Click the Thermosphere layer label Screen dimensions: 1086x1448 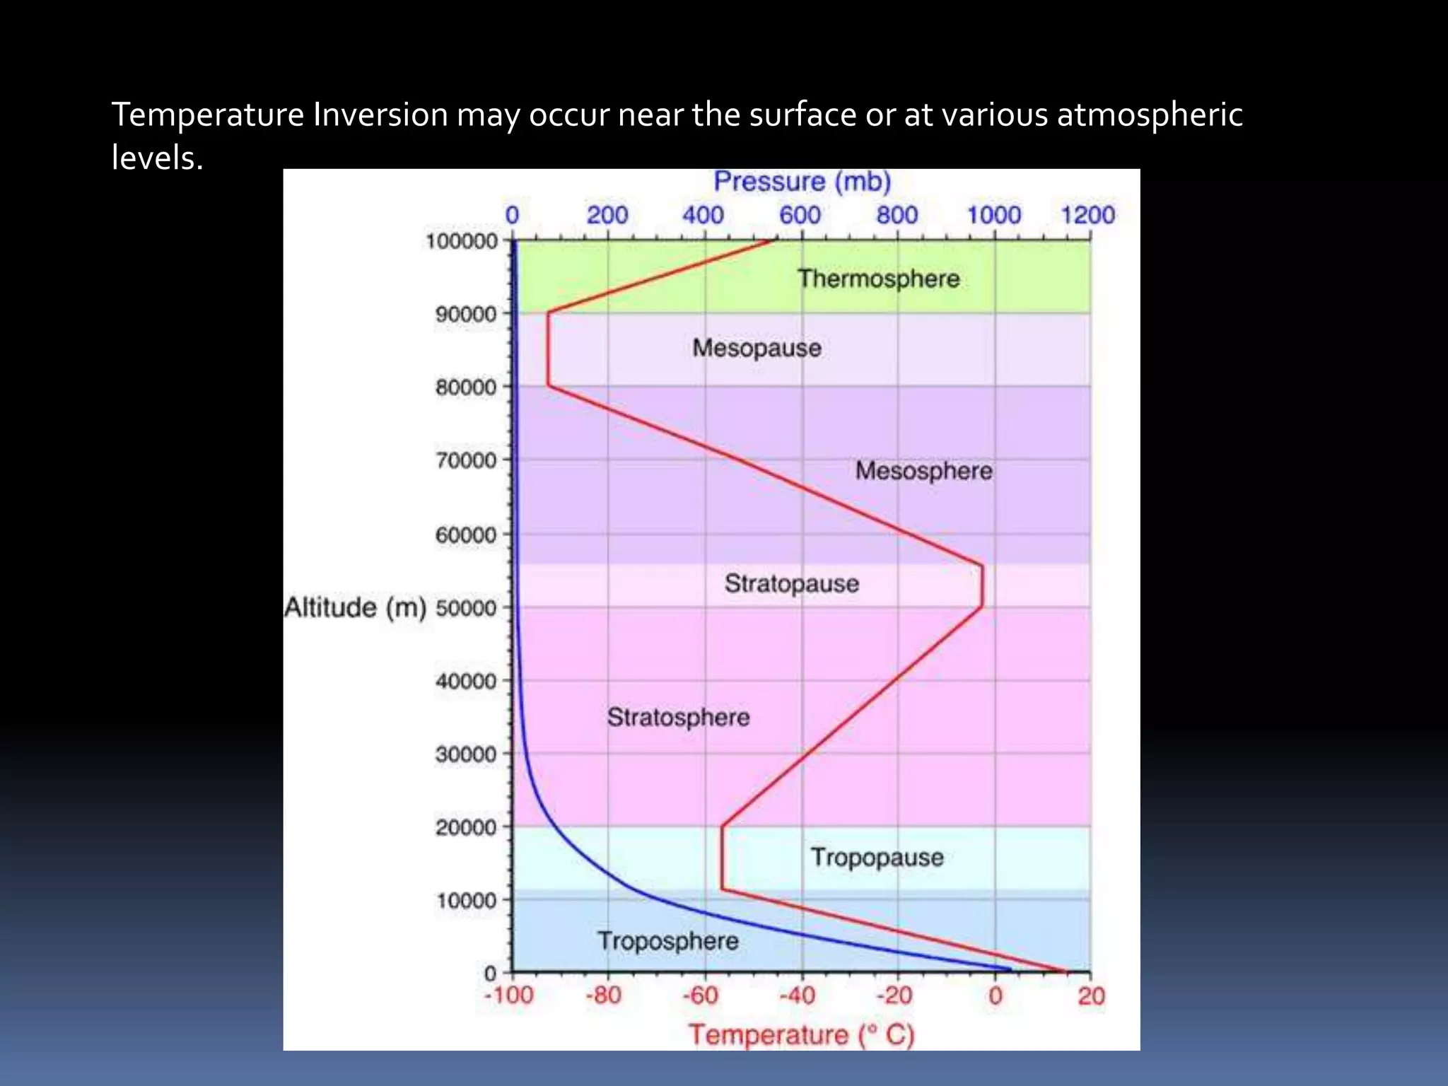click(878, 279)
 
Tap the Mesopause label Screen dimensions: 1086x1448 click(757, 348)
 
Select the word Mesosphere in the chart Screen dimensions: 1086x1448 click(923, 471)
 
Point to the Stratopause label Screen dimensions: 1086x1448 click(791, 584)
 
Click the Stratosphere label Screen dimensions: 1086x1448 click(678, 718)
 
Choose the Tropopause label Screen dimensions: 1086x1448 click(877, 857)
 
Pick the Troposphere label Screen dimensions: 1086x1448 click(668, 941)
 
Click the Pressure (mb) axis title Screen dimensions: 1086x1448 click(802, 182)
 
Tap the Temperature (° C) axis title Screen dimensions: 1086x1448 click(802, 1034)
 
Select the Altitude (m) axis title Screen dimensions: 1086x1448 click(355, 607)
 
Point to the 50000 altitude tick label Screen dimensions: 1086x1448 click(466, 608)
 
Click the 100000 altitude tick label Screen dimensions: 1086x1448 click(462, 242)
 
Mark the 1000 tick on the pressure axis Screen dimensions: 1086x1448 click(994, 215)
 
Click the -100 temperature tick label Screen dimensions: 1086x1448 click(508, 995)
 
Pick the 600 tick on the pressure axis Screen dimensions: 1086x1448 click(800, 215)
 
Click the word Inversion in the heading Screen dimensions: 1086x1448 click(380, 115)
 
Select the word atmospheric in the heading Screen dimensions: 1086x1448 click(1150, 115)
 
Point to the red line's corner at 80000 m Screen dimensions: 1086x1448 click(549, 386)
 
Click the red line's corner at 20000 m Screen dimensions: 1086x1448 click(722, 826)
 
